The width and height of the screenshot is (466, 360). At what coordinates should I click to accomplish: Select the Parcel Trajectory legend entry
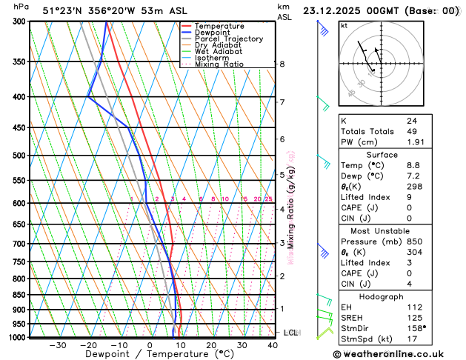point(228,39)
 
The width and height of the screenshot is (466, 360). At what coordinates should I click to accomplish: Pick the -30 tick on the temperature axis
point(57,345)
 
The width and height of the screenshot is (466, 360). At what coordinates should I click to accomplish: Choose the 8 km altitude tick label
point(282,64)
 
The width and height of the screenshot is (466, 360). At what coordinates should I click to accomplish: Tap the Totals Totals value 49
point(413,131)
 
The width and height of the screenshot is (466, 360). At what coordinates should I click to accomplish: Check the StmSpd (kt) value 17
point(411,339)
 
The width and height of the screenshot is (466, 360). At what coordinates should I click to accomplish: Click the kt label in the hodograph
point(344,26)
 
